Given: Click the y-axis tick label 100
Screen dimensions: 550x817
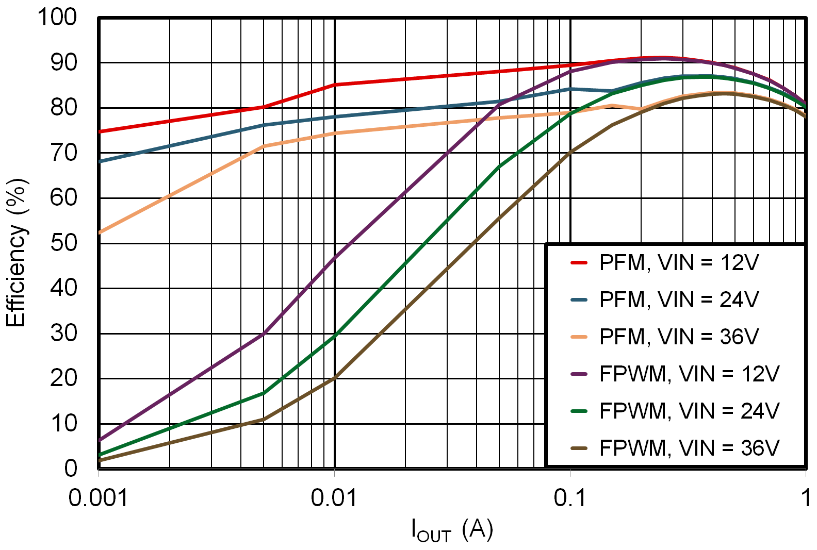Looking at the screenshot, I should (57, 17).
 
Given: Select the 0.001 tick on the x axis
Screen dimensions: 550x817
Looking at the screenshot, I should (98, 498).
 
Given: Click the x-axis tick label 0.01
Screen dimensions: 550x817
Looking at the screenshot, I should (334, 498).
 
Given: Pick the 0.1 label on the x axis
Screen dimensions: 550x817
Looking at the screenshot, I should (570, 498).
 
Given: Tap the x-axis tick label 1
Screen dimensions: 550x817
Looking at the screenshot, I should (805, 498).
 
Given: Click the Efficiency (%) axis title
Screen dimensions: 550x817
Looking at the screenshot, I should (16, 253).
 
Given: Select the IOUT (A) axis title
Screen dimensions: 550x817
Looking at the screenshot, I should (452, 530).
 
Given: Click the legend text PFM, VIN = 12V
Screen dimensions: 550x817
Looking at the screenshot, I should (679, 263).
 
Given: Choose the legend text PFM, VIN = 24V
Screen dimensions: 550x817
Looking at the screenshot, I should (679, 300).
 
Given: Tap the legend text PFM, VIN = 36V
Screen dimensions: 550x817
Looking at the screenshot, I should (679, 337).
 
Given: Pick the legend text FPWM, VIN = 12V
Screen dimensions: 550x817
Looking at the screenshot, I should (689, 374).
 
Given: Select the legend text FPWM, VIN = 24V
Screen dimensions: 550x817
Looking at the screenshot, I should (689, 411).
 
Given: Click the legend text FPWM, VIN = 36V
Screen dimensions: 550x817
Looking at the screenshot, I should (689, 448).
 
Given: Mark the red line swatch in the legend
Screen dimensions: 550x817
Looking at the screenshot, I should (579, 263).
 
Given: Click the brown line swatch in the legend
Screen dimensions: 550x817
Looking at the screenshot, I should (579, 448).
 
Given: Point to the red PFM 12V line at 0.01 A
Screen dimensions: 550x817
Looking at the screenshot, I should (334, 85).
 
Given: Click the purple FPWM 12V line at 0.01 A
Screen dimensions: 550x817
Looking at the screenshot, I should (334, 257).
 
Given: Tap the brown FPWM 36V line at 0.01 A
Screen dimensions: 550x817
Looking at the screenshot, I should (334, 378).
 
